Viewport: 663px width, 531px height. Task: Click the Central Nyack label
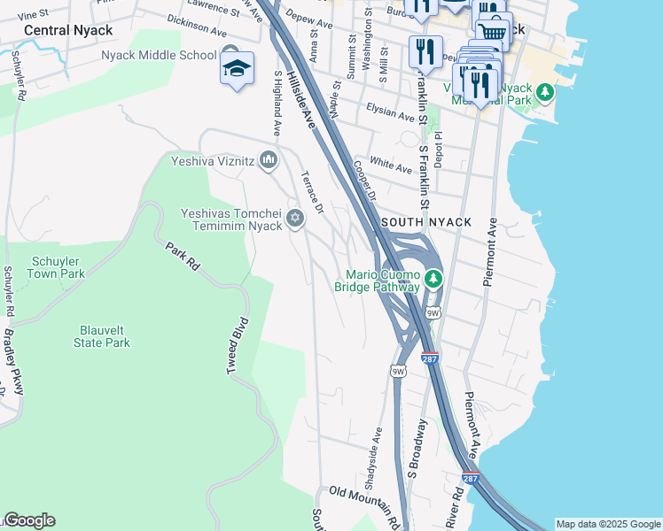coord(68,30)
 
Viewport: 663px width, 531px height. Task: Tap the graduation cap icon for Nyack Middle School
coord(237,68)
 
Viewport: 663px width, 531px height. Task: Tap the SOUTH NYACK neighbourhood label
coord(426,221)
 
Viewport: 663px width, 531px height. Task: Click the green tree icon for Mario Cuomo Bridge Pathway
coord(433,279)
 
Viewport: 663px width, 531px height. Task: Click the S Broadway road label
coord(416,450)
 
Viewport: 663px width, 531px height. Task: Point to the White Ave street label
coord(391,165)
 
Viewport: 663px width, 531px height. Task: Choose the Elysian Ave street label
coord(390,114)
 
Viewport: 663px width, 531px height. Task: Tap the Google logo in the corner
coord(28,520)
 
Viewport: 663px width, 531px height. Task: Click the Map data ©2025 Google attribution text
coord(607,524)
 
